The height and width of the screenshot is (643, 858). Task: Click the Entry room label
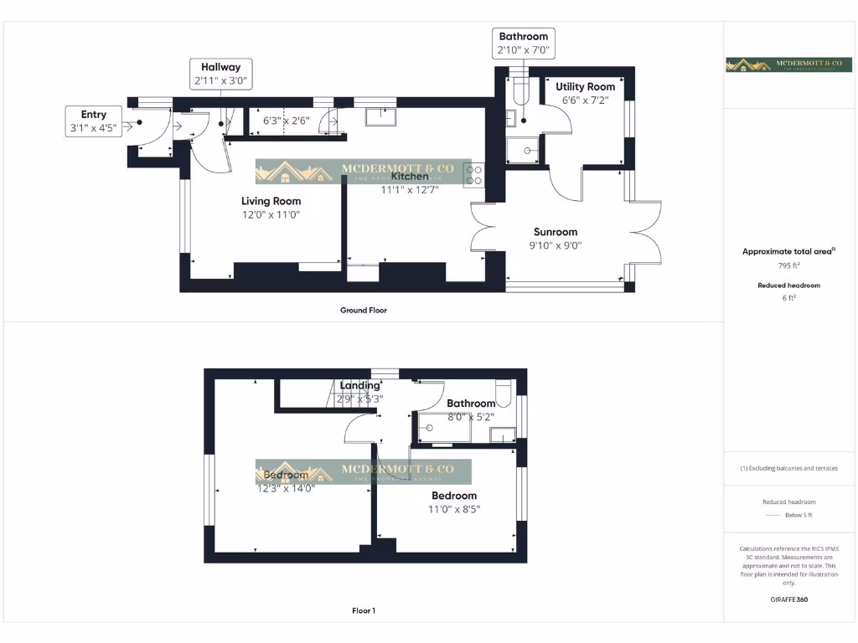94,115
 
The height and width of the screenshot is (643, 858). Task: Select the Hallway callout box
220,74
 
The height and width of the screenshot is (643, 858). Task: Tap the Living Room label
271,201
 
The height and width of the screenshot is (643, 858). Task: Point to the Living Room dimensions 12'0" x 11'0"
271,215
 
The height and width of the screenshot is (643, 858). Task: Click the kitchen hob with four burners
473,174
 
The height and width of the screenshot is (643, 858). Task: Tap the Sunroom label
556,232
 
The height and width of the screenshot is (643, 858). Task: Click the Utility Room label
586,86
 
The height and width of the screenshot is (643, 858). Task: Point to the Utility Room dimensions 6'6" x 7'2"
586,100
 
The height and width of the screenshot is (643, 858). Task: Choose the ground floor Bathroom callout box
523,43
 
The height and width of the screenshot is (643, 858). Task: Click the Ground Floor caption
363,311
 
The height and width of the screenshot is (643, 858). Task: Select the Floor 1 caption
363,611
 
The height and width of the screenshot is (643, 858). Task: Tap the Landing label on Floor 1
359,386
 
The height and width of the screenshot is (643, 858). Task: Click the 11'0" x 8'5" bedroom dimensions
454,509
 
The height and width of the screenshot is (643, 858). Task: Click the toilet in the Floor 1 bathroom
504,392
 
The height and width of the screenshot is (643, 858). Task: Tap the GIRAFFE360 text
788,599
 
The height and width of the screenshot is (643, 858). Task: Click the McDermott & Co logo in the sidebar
788,64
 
